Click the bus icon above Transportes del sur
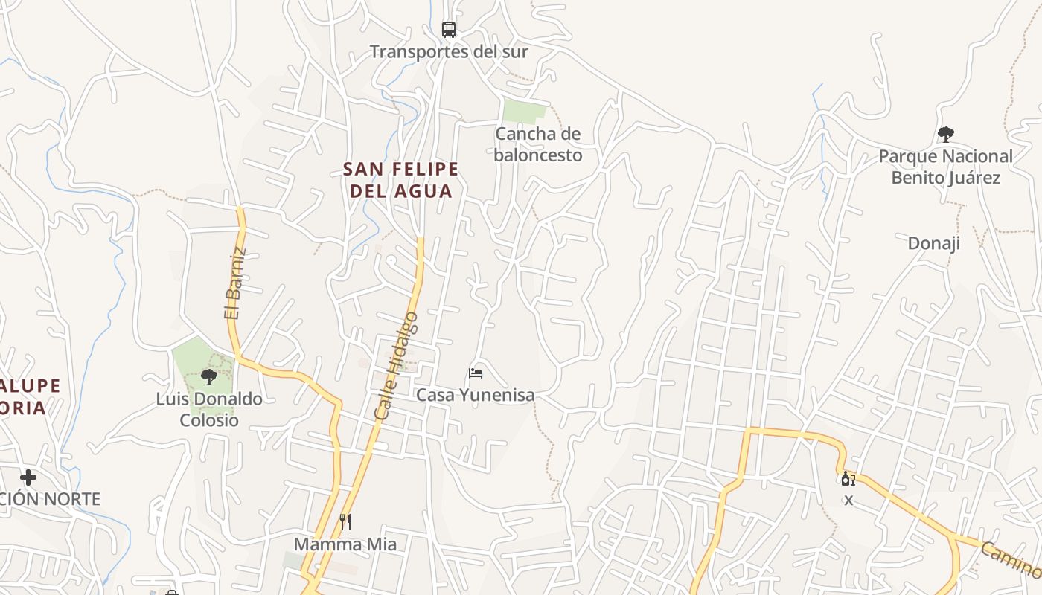pyautogui.click(x=448, y=30)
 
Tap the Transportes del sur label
pyautogui.click(x=449, y=51)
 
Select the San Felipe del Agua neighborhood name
pyautogui.click(x=401, y=180)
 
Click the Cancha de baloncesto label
pyautogui.click(x=537, y=144)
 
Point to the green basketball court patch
pyautogui.click(x=524, y=111)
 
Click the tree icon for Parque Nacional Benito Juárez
pyautogui.click(x=945, y=135)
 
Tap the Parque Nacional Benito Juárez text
pyautogui.click(x=945, y=167)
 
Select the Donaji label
pyautogui.click(x=933, y=243)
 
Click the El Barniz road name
pyautogui.click(x=234, y=283)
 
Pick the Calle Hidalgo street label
pyautogui.click(x=397, y=366)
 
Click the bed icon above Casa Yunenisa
pyautogui.click(x=476, y=373)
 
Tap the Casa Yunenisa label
pyautogui.click(x=475, y=395)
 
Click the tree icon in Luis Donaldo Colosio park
pyautogui.click(x=209, y=377)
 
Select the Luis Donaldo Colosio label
pyautogui.click(x=209, y=410)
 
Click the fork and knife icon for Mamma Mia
pyautogui.click(x=345, y=522)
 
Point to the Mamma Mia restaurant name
pyautogui.click(x=345, y=544)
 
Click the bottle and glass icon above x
pyautogui.click(x=848, y=478)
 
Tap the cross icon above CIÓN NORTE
pyautogui.click(x=28, y=477)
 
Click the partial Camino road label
pyautogui.click(x=1011, y=561)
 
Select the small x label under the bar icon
pyautogui.click(x=848, y=501)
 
